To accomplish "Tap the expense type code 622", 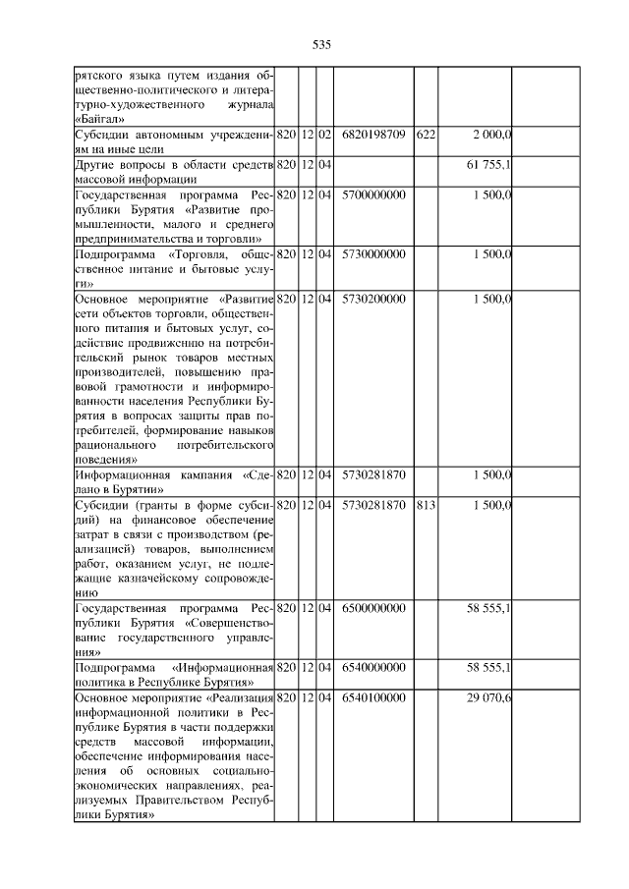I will coord(425,133).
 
